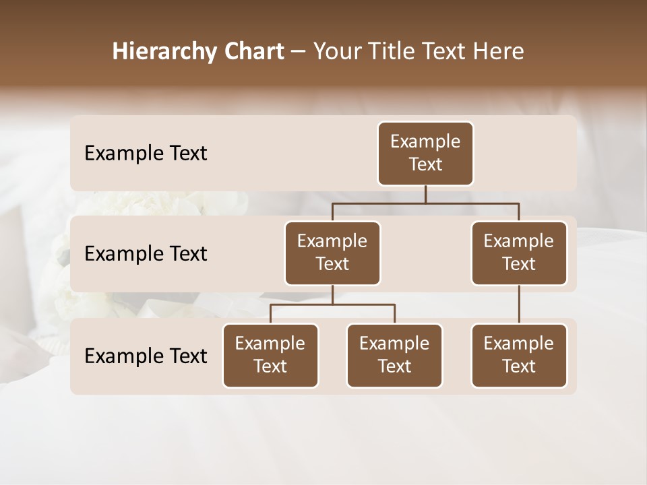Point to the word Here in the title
(498, 51)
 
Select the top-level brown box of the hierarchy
(425, 154)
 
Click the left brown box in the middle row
(332, 253)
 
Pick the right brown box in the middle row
(519, 253)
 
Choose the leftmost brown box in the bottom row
(270, 356)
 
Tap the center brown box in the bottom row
(394, 356)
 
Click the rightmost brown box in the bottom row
(519, 356)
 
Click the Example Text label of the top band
(146, 154)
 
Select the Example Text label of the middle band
(146, 254)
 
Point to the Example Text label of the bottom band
(146, 356)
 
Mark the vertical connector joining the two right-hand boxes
(519, 304)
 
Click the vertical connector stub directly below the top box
(425, 194)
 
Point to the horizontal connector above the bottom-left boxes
(332, 304)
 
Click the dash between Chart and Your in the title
(299, 52)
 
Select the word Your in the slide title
(336, 51)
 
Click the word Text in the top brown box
(425, 164)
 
